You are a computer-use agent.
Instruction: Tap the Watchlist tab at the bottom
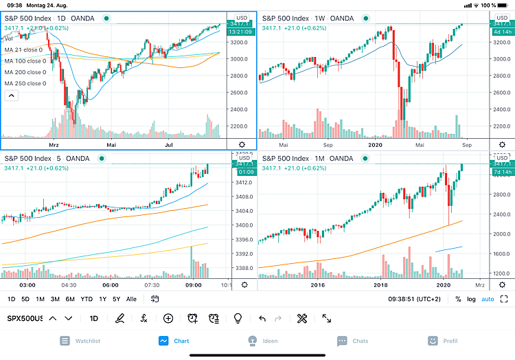(x=81, y=340)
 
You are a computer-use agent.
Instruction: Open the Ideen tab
(x=261, y=340)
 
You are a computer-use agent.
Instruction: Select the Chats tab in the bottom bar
(x=352, y=340)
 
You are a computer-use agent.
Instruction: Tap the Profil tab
(x=442, y=340)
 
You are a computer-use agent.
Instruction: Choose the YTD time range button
(x=87, y=299)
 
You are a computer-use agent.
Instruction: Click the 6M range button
(x=69, y=299)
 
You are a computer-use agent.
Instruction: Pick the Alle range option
(x=132, y=299)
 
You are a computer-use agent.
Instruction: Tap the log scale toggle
(x=472, y=299)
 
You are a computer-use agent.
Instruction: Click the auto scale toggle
(x=488, y=299)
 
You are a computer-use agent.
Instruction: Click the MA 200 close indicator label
(x=25, y=72)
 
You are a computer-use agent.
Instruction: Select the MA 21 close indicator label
(x=23, y=50)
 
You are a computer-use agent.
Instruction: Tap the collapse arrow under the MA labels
(x=11, y=95)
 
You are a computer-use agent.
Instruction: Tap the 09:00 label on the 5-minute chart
(x=193, y=284)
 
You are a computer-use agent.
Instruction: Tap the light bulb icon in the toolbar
(x=238, y=318)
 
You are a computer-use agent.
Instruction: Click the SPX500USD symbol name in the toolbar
(x=25, y=318)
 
